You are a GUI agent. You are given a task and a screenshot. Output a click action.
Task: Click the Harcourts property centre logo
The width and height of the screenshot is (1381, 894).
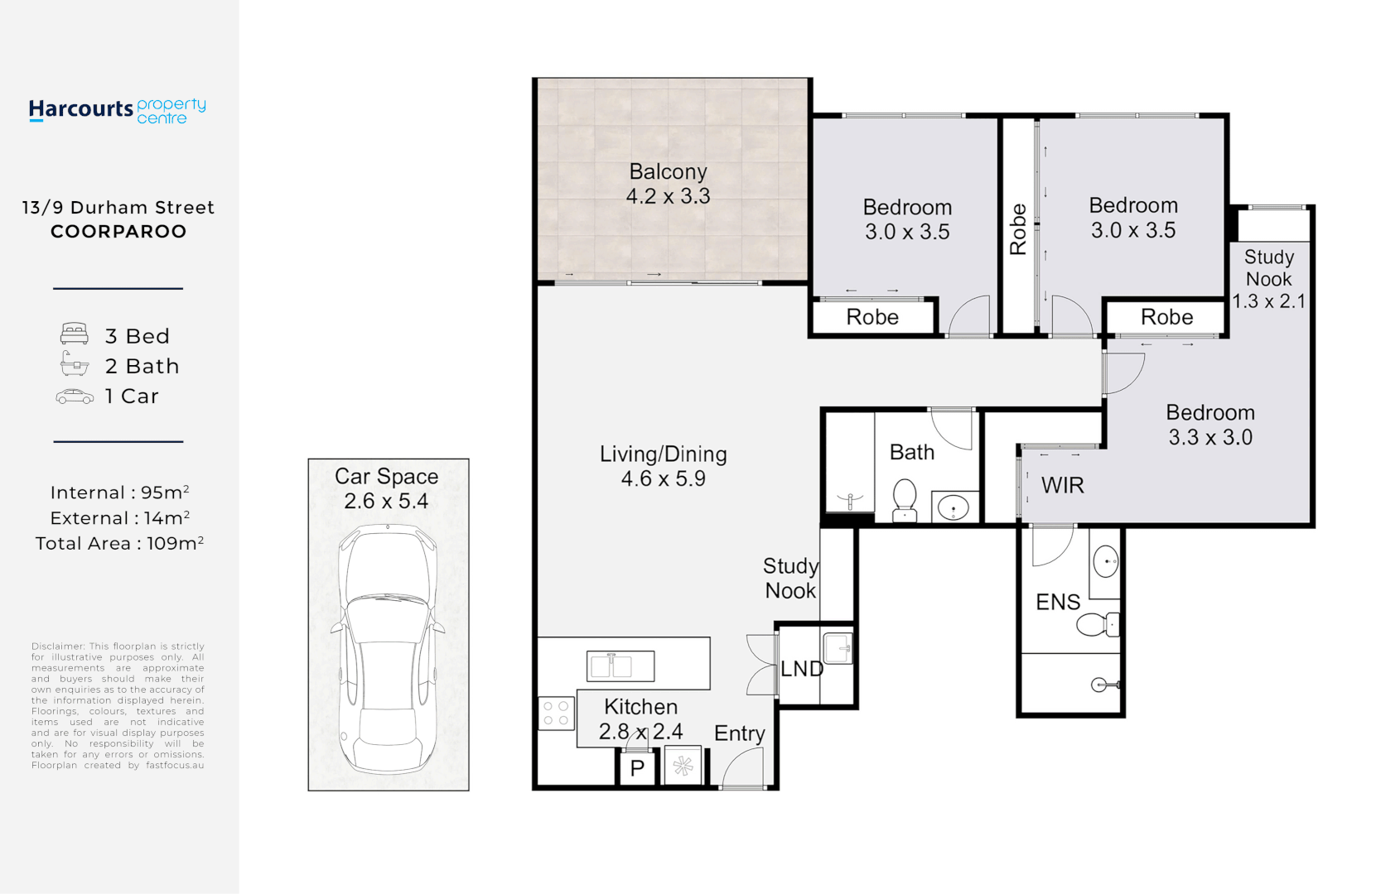tap(117, 111)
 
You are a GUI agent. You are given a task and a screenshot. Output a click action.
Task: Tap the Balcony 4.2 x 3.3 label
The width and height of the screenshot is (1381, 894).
tap(669, 184)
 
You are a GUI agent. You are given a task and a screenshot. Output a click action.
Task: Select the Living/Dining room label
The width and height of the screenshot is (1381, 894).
tap(664, 466)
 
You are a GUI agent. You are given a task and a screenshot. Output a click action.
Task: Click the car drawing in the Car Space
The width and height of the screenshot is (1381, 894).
tap(388, 651)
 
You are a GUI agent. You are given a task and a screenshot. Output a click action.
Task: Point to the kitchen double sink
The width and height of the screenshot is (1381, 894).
tap(620, 666)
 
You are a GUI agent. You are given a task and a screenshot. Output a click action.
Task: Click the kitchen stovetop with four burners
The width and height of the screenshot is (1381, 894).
tap(556, 714)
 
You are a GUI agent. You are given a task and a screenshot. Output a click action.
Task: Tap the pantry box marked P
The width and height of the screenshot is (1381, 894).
tap(637, 767)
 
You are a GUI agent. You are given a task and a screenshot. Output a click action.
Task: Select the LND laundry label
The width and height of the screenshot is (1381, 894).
tap(801, 669)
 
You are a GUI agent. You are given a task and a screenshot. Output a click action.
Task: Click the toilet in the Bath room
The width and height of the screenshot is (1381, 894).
tap(905, 501)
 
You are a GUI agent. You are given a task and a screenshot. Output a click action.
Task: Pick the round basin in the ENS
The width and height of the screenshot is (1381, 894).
tap(1106, 561)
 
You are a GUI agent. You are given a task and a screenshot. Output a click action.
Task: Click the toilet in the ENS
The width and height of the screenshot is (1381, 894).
tap(1098, 625)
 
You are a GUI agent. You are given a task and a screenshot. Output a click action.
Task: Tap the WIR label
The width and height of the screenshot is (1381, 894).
tap(1062, 486)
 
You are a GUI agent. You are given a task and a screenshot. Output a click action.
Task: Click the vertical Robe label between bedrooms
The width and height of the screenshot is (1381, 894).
tap(1018, 229)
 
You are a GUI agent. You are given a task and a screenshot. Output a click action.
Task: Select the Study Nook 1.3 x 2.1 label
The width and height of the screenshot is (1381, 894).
tap(1269, 279)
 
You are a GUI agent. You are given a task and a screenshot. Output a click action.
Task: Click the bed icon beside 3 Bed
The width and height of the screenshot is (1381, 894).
tap(74, 333)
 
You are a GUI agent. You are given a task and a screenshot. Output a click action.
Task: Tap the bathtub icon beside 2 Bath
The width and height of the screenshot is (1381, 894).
tap(74, 363)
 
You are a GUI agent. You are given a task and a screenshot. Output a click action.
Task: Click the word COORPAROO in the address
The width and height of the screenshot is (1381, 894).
tap(118, 232)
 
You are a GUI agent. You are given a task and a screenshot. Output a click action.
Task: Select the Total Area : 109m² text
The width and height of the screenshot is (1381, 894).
tap(119, 543)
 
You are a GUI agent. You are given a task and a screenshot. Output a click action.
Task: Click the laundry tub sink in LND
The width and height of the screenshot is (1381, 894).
tap(838, 648)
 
